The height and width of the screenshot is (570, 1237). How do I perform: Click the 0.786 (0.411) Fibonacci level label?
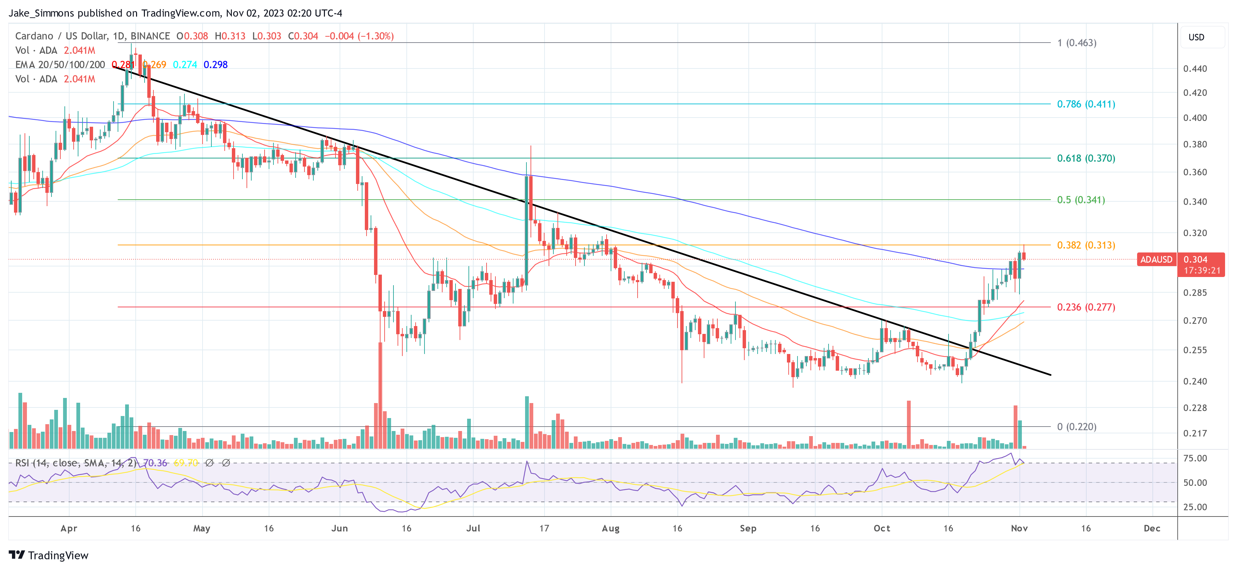click(1086, 104)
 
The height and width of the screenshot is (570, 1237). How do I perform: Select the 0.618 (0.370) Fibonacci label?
click(1086, 158)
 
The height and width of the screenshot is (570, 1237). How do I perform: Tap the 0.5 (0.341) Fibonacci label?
click(1081, 200)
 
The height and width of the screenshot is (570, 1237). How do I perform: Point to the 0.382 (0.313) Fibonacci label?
click(1086, 245)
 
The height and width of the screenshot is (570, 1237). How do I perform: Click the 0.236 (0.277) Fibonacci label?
click(1086, 307)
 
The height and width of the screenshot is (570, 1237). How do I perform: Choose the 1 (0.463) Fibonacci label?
click(1077, 43)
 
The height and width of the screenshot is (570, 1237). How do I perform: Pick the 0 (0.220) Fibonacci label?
click(1077, 427)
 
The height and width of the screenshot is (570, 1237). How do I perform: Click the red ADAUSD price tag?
click(1156, 260)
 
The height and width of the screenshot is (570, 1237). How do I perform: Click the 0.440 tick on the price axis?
click(1195, 68)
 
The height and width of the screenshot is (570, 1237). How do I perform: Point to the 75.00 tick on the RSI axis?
click(1195, 458)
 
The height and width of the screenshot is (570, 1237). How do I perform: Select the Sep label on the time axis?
click(748, 528)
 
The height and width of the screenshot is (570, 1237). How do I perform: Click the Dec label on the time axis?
click(1151, 528)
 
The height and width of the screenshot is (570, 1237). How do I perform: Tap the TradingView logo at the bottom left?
click(48, 555)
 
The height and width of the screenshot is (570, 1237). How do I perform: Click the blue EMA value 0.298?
click(215, 65)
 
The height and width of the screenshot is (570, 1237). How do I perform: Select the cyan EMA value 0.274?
click(185, 65)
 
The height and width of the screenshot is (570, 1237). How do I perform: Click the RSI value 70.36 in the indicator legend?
click(155, 463)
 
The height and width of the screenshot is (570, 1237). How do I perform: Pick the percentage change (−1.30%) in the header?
click(375, 36)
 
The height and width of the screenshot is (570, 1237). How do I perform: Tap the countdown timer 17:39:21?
click(1202, 271)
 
